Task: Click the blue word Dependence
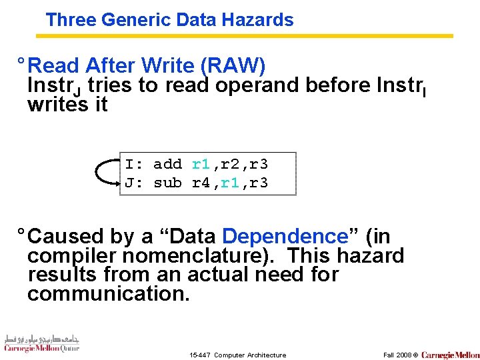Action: [x=285, y=237]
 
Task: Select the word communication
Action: [x=109, y=293]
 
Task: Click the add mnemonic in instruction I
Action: [x=167, y=164]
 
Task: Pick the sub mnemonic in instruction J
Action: [x=167, y=183]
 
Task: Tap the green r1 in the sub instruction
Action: [x=230, y=183]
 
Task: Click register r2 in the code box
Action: [x=230, y=164]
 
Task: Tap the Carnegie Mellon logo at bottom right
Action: [x=450, y=355]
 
